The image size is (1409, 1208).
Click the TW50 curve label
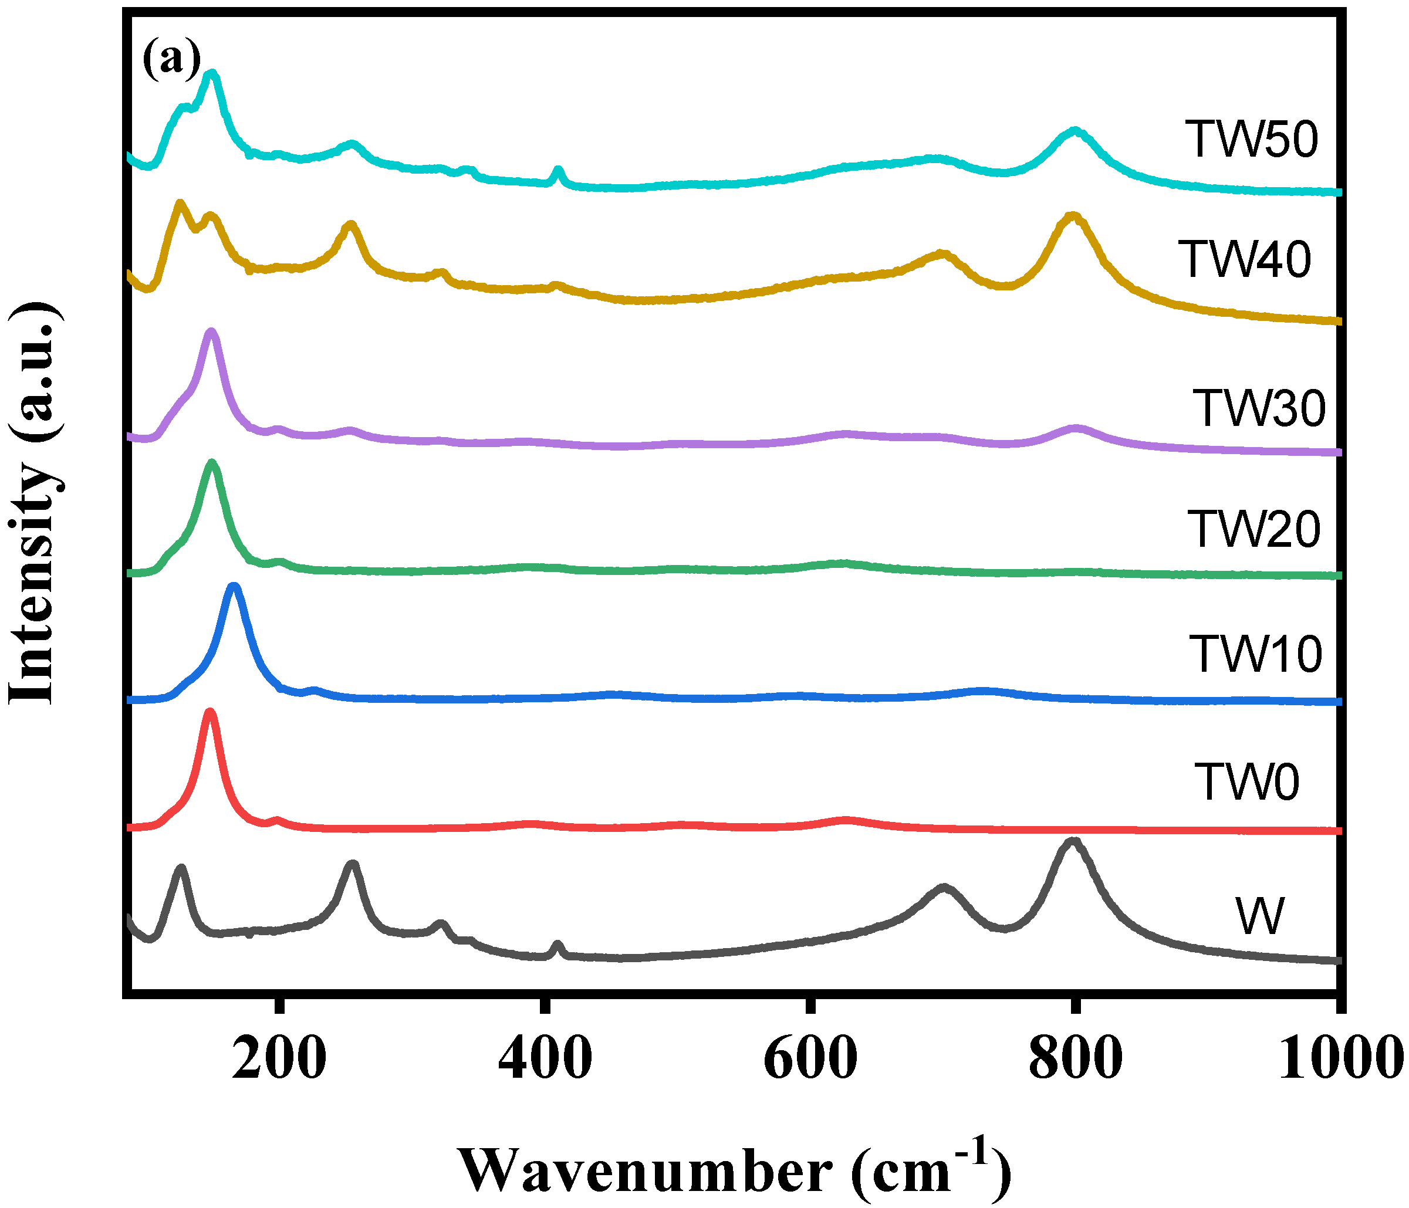1251,140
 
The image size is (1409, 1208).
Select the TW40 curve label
1245,260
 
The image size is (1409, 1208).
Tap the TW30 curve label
1259,408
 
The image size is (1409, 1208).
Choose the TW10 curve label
1255,654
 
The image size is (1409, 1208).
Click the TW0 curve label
1246,781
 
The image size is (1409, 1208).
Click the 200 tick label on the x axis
279,1059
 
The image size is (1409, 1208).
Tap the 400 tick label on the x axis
545,1059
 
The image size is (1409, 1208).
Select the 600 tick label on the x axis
810,1059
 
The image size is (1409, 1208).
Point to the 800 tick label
1075,1059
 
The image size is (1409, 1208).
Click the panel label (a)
171,60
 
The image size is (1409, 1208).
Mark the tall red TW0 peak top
210,712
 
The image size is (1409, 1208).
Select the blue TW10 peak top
234,586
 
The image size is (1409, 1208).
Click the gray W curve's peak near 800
1072,841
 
